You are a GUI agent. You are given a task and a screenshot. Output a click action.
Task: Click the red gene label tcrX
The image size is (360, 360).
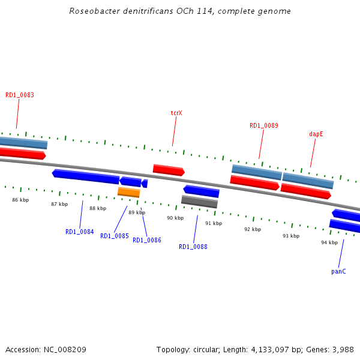pos(176,113)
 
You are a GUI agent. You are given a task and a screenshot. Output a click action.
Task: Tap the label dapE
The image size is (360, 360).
pos(316,134)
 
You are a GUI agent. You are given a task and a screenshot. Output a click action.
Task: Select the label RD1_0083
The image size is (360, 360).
pos(20,95)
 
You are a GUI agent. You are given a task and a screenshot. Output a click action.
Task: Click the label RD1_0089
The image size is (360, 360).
pos(264,125)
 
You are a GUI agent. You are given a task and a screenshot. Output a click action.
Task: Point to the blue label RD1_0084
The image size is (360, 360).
pos(80,232)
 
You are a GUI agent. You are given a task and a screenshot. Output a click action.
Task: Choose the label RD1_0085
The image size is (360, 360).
pos(115,236)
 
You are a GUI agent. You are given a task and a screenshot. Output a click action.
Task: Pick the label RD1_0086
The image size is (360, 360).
pos(147,240)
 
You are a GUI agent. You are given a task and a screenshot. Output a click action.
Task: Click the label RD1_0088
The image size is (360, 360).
pos(193,247)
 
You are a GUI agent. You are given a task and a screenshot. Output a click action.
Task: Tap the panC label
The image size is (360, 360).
pos(338,271)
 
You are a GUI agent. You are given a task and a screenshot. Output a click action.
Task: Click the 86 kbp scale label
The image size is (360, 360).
pos(20,200)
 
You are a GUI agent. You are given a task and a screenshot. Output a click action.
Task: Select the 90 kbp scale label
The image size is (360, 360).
pos(175,218)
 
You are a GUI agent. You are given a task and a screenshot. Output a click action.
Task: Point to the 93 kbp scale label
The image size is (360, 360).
pos(291,236)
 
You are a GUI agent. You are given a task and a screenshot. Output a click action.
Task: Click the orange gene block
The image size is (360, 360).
pos(128,192)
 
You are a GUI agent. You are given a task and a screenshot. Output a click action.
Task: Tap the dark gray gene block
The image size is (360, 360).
pos(199,202)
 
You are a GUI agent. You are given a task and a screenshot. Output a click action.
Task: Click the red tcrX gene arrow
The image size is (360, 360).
pos(169,170)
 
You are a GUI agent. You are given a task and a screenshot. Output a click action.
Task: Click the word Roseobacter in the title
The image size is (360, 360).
pos(94,11)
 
